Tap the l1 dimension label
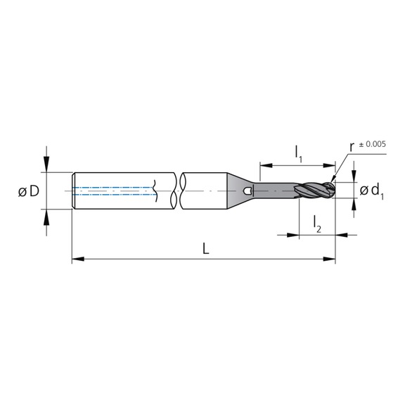(x=298, y=151)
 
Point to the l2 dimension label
(x=317, y=222)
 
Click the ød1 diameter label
(x=371, y=191)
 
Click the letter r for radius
(x=352, y=148)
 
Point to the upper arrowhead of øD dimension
(x=46, y=167)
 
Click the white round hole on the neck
(x=247, y=191)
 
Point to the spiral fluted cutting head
(x=313, y=191)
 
